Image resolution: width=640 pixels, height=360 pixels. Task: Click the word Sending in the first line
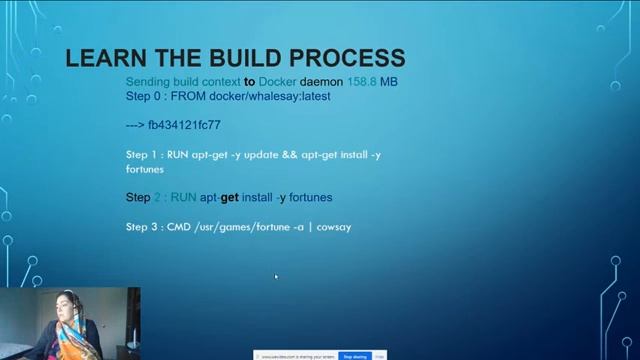coord(148,81)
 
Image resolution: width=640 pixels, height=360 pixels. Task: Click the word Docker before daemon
coord(277,81)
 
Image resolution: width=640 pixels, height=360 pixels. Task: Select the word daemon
coord(321,81)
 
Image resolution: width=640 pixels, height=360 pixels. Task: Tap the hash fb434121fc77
coord(184,125)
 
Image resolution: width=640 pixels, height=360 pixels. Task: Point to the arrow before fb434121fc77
coord(135,125)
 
